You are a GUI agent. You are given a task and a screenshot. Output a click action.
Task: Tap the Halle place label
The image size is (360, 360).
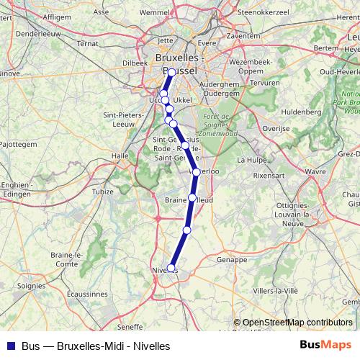point(120,155)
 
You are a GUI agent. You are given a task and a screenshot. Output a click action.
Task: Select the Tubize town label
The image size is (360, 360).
point(103,192)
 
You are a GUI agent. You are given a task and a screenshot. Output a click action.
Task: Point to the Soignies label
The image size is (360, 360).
point(31,286)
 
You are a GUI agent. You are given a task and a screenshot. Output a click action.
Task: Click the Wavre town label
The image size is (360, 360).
point(315,172)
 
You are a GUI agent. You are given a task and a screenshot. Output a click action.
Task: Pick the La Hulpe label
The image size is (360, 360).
point(252,160)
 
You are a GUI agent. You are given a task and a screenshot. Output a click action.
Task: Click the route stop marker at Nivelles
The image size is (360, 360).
point(171,268)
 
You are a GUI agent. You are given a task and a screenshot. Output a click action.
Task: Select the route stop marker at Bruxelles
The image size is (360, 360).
point(171,73)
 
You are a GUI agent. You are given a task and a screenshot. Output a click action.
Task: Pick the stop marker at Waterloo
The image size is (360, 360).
point(196,172)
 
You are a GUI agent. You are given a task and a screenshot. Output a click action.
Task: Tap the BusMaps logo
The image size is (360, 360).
point(325,345)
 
